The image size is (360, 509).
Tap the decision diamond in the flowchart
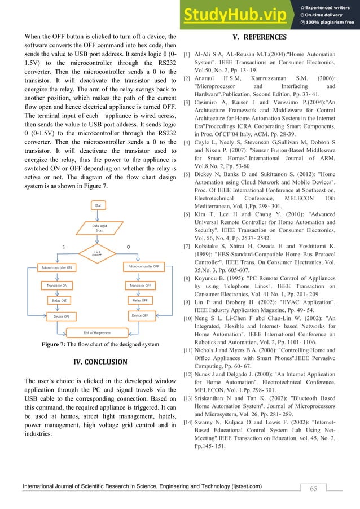pyautogui.click(x=98, y=254)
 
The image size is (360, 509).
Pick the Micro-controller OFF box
pyautogui.click(x=143, y=265)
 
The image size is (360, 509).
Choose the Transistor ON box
pyautogui.click(x=58, y=286)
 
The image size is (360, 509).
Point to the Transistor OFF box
pyautogui.click(x=141, y=286)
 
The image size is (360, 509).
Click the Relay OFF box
pyautogui.click(x=141, y=300)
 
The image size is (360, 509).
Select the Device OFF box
pyautogui.click(x=141, y=315)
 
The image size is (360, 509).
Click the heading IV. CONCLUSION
pyautogui.click(x=100, y=362)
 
